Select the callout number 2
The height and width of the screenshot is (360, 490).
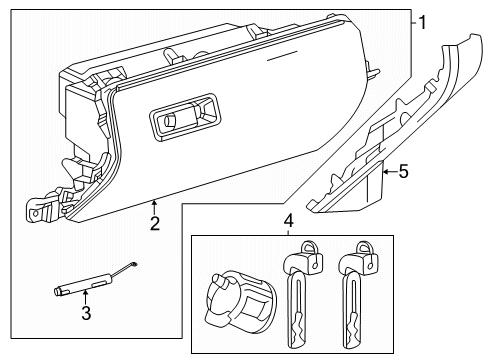click(x=155, y=224)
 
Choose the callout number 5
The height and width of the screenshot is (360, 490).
click(x=402, y=172)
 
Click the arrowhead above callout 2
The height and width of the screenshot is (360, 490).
click(x=155, y=204)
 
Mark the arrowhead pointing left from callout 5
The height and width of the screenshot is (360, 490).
click(x=382, y=172)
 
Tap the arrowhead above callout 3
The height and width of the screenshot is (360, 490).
click(x=86, y=294)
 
